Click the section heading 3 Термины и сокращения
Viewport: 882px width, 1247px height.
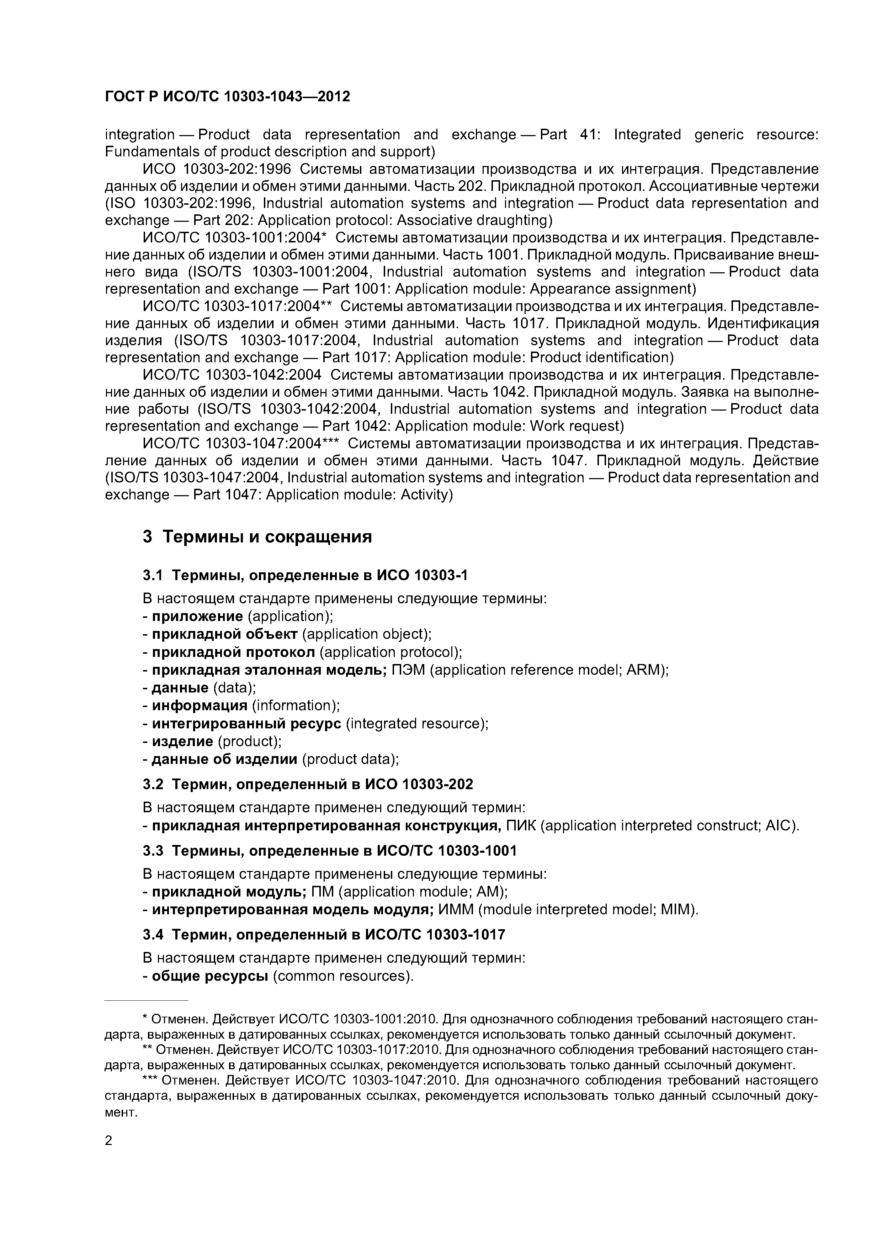click(x=257, y=537)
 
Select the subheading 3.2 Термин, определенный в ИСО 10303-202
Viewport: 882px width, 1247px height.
click(x=308, y=784)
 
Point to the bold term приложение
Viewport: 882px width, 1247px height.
click(x=197, y=616)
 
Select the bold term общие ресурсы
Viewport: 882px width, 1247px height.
click(x=210, y=976)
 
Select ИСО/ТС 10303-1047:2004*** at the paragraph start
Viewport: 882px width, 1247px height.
click(x=240, y=444)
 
